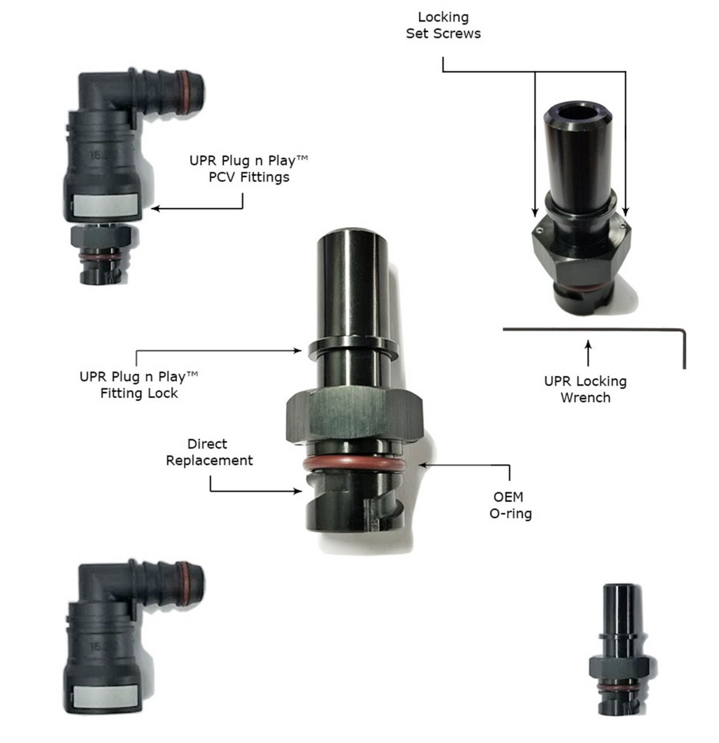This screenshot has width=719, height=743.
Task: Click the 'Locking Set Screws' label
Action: [x=443, y=25]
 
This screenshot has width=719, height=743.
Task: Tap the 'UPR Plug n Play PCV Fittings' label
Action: [x=248, y=169]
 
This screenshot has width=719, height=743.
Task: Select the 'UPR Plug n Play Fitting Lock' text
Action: [x=139, y=385]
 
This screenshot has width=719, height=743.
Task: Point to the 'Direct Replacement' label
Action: [x=209, y=452]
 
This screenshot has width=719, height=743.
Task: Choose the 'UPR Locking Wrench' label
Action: [x=585, y=389]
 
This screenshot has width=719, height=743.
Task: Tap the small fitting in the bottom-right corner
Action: [x=619, y=650]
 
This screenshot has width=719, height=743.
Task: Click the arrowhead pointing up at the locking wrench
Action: [x=588, y=342]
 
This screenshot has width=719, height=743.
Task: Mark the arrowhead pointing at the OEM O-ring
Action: [x=422, y=464]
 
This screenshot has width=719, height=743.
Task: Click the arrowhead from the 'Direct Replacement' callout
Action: [x=299, y=492]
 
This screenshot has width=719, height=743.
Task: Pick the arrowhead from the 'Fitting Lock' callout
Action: [x=299, y=351]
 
